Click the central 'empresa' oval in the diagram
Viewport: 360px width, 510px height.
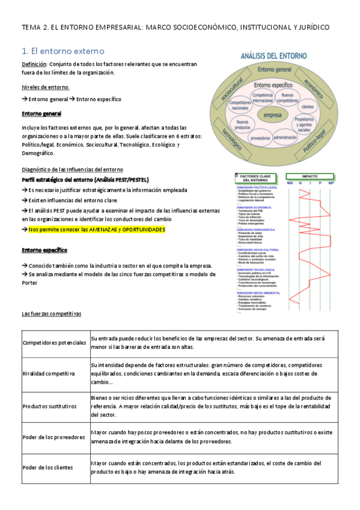[273, 115]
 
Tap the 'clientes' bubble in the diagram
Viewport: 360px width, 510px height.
[308, 106]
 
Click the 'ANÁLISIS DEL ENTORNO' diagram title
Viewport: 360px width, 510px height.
[275, 56]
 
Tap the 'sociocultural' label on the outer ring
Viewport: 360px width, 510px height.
[231, 88]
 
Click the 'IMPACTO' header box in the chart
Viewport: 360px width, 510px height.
[311, 177]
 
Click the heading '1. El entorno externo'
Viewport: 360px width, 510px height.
[63, 51]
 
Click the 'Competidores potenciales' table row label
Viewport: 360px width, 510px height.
[54, 343]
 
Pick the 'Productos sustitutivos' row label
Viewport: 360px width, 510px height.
[49, 407]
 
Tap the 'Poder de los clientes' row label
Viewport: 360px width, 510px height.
[47, 467]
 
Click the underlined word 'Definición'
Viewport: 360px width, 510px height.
[34, 64]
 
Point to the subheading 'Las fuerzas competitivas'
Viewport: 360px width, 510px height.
[51, 314]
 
